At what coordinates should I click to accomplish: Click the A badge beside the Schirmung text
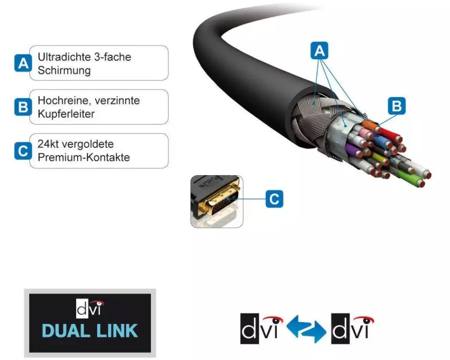coord(22,63)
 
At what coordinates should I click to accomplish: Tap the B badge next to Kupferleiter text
coord(22,107)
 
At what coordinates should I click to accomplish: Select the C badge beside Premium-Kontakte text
coord(22,151)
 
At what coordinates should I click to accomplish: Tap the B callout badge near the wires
coord(397,106)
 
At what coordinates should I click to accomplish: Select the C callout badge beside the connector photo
coord(274,199)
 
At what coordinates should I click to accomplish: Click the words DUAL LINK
coord(90,331)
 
